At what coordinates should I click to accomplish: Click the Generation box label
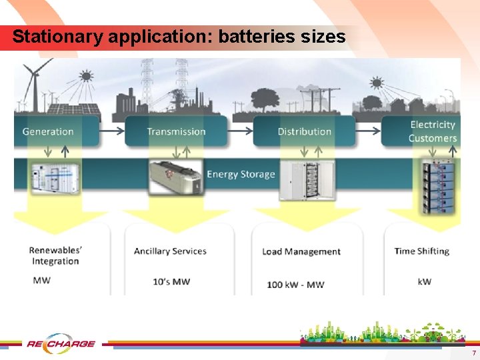[48, 131]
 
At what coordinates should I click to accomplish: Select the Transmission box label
[176, 131]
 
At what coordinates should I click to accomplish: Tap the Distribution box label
[305, 131]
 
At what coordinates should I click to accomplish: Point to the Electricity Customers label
[432, 131]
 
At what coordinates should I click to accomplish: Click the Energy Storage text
[241, 175]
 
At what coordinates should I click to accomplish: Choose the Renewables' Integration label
[55, 256]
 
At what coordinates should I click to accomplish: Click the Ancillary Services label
[170, 251]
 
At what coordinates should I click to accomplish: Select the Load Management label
[301, 252]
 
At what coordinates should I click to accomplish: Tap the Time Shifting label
[421, 251]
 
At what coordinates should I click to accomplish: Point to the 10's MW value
[171, 282]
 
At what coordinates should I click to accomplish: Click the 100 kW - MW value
[295, 285]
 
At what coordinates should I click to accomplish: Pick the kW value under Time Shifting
[425, 281]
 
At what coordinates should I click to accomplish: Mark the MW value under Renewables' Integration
[41, 280]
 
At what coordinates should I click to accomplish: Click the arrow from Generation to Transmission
[112, 131]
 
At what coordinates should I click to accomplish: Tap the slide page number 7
[473, 352]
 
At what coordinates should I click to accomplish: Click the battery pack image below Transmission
[175, 177]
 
